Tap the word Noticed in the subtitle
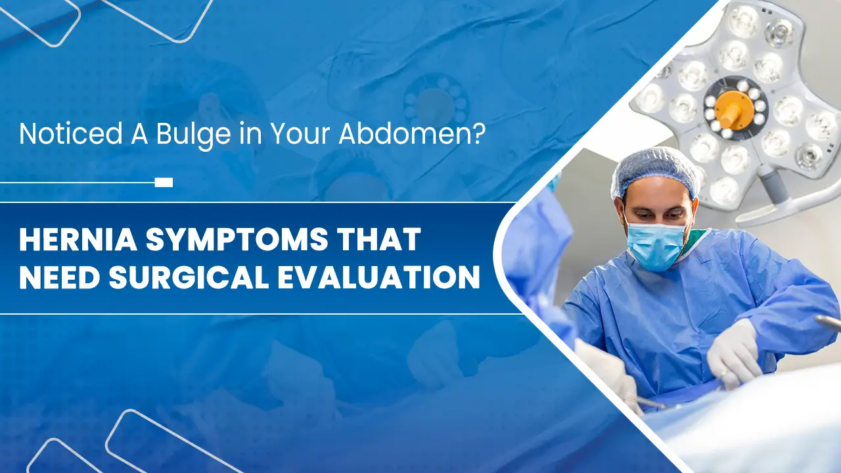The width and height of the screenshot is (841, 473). (x=70, y=133)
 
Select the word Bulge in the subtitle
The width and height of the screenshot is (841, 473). (x=193, y=135)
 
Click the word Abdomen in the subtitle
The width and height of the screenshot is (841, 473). (x=405, y=133)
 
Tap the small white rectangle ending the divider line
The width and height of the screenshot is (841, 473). (x=164, y=183)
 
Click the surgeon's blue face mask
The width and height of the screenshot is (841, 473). (x=655, y=246)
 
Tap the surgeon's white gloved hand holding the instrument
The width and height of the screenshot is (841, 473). (x=734, y=355)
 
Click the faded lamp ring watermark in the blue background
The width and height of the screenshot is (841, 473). (x=436, y=102)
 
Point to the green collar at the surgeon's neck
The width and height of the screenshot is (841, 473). (x=698, y=241)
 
